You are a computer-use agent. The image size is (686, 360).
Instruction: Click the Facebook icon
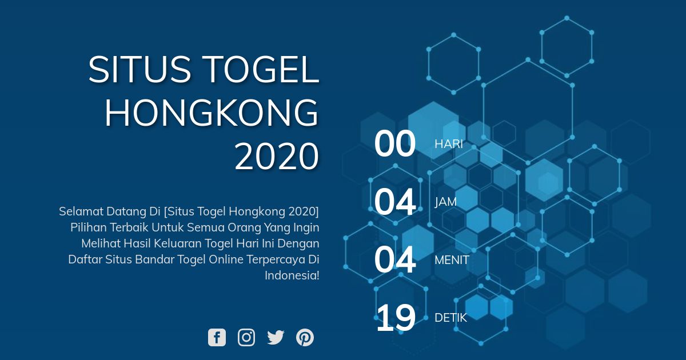tap(217, 337)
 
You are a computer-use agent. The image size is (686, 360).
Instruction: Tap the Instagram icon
tap(246, 337)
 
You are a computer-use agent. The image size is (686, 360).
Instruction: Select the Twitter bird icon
tap(276, 337)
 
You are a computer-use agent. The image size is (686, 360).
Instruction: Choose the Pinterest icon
tap(305, 337)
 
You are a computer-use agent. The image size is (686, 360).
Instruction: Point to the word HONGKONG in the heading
tap(212, 113)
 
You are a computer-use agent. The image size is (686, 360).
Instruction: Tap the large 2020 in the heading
tap(277, 156)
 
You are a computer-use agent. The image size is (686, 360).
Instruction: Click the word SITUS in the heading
tap(140, 69)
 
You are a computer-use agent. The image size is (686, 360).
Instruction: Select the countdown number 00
tap(395, 143)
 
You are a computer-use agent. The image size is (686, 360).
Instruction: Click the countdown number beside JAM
tap(395, 202)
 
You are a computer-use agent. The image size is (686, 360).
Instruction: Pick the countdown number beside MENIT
tap(395, 260)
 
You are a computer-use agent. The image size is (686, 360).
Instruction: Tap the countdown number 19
tap(396, 318)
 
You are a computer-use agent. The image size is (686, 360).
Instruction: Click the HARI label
tap(449, 144)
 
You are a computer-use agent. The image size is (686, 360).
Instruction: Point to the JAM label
tap(445, 202)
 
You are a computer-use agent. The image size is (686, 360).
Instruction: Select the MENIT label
tap(452, 260)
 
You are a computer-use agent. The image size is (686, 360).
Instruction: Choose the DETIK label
tap(451, 318)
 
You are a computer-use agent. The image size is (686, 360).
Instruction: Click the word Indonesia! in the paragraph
tap(292, 275)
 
